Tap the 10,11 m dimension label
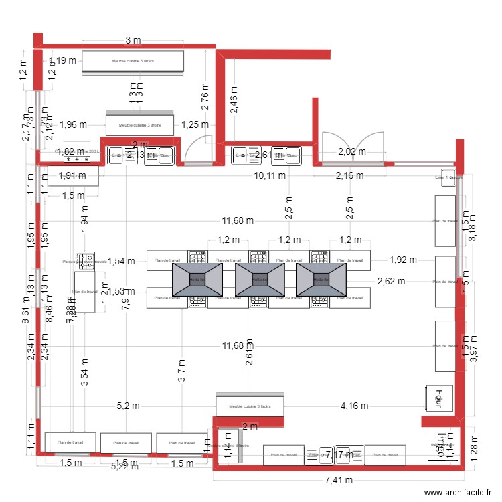pyautogui.click(x=270, y=176)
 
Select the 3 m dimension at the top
pyautogui.click(x=133, y=41)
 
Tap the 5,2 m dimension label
pyautogui.click(x=128, y=406)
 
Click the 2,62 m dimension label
pyautogui.click(x=392, y=281)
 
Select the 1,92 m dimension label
pyautogui.click(x=403, y=260)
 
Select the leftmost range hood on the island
pyautogui.click(x=197, y=278)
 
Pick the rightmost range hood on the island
pyautogui.click(x=321, y=278)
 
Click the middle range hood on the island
pyautogui.click(x=259, y=278)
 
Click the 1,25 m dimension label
pyautogui.click(x=195, y=124)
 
